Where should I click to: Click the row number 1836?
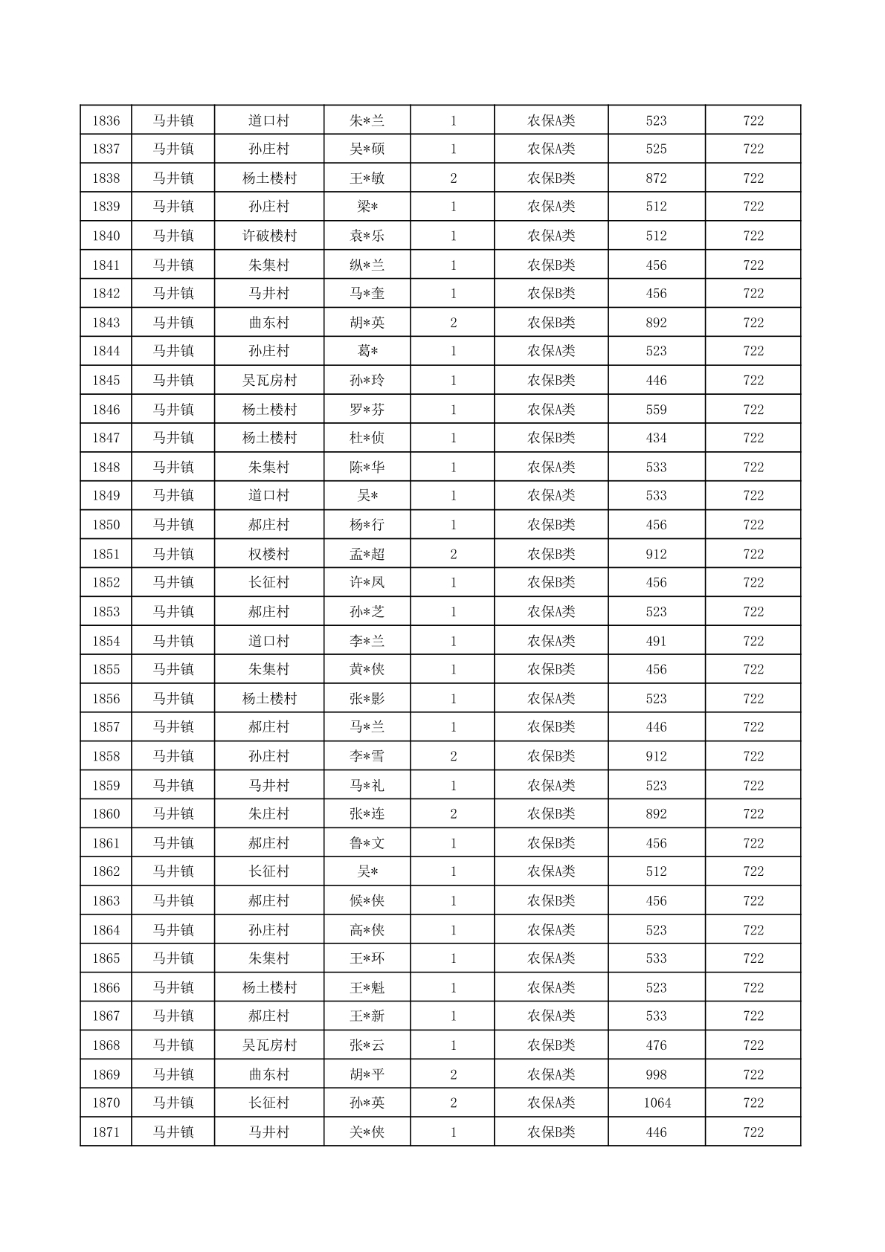pyautogui.click(x=106, y=120)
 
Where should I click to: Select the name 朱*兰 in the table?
pyautogui.click(x=367, y=120)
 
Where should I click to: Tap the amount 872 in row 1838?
pyautogui.click(x=656, y=178)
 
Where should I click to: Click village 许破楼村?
pyautogui.click(x=269, y=236)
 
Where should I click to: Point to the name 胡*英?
pyautogui.click(x=367, y=323)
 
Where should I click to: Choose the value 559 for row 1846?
pyautogui.click(x=656, y=410)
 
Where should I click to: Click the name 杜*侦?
pyautogui.click(x=367, y=438)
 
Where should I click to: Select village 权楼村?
pyautogui.click(x=269, y=554)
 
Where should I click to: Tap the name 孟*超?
pyautogui.click(x=367, y=554)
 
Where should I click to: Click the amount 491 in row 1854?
pyautogui.click(x=656, y=641)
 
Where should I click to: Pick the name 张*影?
pyautogui.click(x=367, y=699)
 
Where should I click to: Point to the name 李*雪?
pyautogui.click(x=367, y=756)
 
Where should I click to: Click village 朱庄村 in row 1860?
pyautogui.click(x=269, y=814)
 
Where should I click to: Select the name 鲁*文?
pyautogui.click(x=367, y=843)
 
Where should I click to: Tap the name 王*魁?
pyautogui.click(x=367, y=987)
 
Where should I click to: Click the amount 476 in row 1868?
pyautogui.click(x=656, y=1045)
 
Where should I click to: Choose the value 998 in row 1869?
pyautogui.click(x=656, y=1074)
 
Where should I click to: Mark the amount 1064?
pyautogui.click(x=657, y=1103)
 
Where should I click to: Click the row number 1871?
pyautogui.click(x=106, y=1132)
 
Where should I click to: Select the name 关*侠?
pyautogui.click(x=367, y=1132)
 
